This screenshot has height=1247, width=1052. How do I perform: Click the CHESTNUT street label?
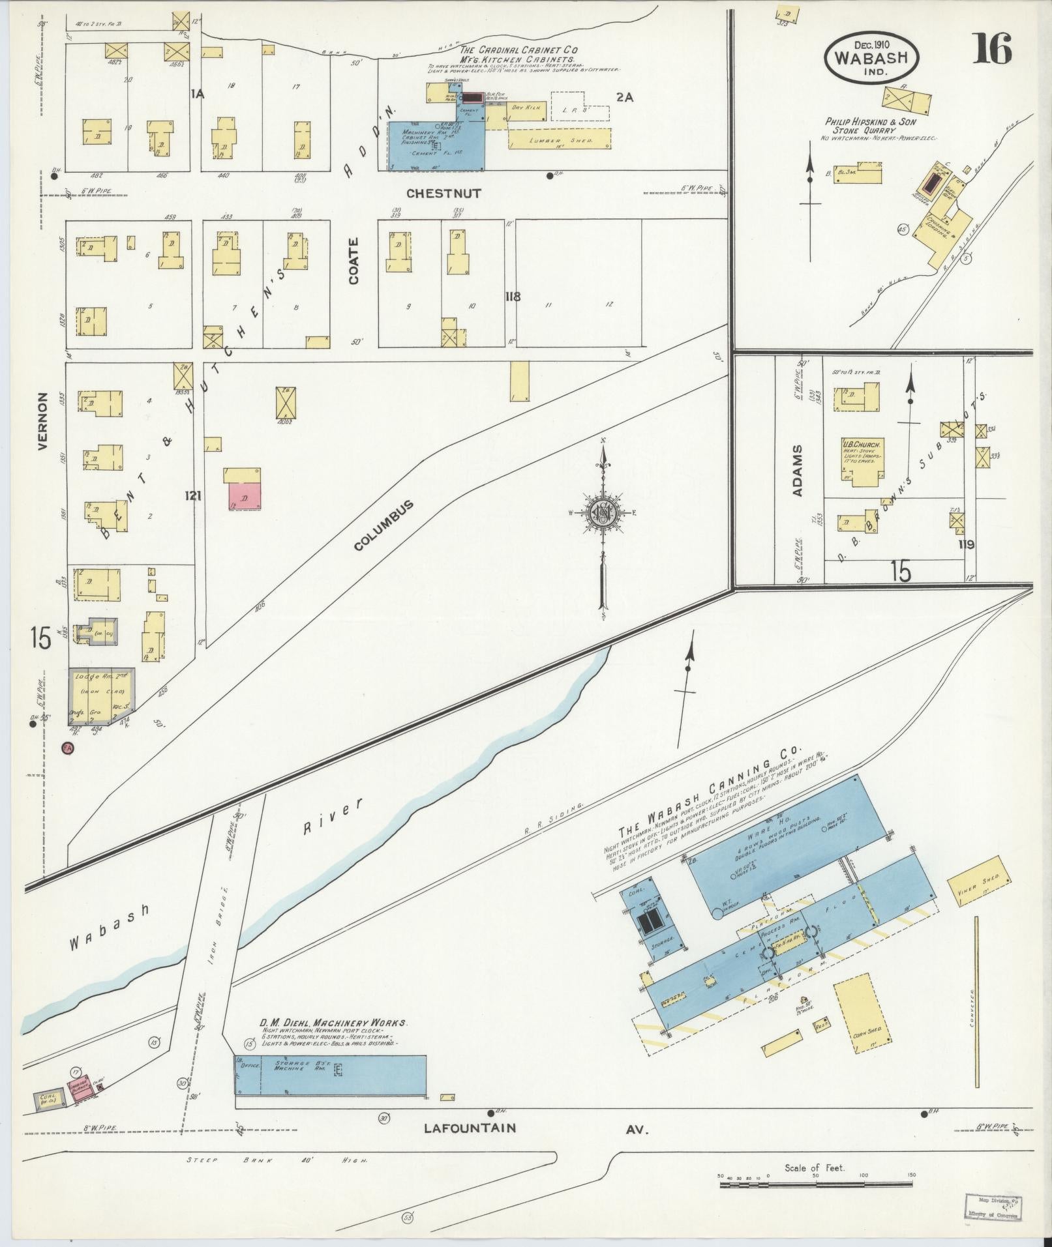coord(443,194)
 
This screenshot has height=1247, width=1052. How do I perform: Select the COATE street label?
coord(353,260)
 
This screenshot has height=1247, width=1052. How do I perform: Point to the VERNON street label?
coord(43,421)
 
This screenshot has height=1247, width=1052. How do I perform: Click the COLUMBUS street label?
coord(384,525)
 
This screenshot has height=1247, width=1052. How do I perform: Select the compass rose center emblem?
coord(603,512)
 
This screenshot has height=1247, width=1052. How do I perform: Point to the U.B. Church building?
coord(861,461)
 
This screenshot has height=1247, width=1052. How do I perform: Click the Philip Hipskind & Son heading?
coord(871,122)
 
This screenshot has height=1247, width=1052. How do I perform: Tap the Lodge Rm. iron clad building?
coord(102,696)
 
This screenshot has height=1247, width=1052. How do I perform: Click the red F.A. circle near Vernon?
coord(67,749)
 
